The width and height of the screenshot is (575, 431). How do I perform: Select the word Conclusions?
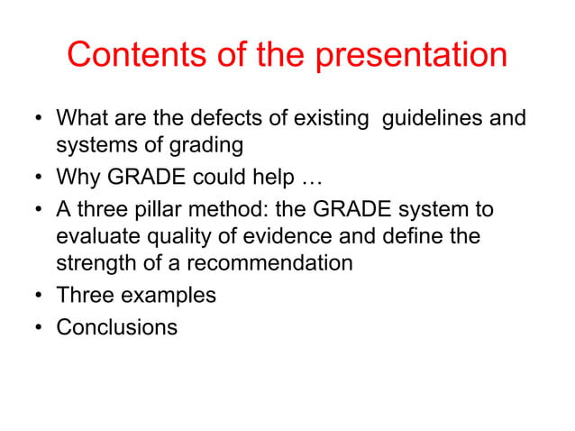coord(117,326)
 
